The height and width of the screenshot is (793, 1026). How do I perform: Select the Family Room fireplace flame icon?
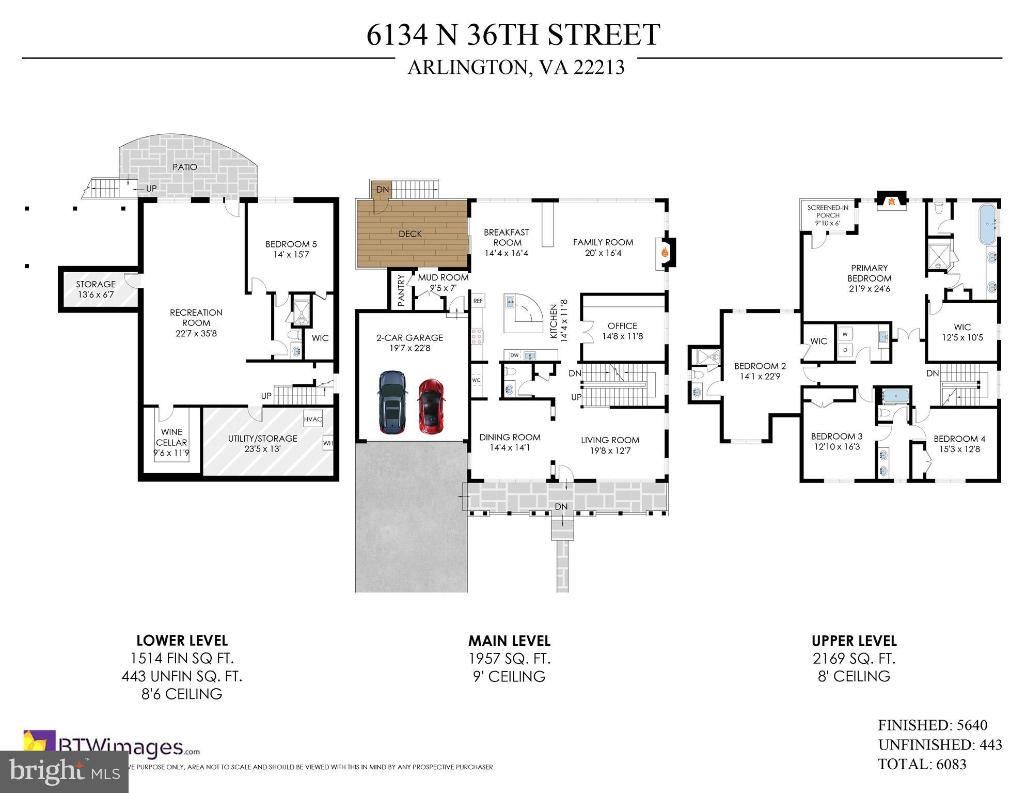pos(665,253)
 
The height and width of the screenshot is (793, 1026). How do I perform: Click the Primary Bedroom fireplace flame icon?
pos(891,202)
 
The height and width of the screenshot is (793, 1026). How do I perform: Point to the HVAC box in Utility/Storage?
pos(313,419)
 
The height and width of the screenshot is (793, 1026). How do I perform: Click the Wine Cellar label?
pos(171,437)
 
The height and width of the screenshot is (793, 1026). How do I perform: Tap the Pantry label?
pos(401,291)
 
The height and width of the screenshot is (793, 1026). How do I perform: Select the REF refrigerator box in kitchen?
pos(478,301)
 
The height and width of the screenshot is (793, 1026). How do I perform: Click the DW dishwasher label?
pos(514,355)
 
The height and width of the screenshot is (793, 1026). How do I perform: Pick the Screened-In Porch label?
pos(828,212)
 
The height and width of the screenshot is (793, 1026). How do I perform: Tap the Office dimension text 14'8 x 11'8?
pos(622,336)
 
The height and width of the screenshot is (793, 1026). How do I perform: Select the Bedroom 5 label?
pos(291,244)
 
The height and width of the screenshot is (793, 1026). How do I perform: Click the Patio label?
pos(185,167)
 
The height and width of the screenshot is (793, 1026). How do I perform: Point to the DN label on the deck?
pos(382,190)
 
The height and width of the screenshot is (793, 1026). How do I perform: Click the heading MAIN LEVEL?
pos(509,641)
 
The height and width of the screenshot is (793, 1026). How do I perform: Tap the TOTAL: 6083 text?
pos(922,764)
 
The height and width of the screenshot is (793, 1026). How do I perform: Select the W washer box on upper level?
pos(845,334)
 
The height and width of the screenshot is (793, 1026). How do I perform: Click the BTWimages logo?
pos(111,747)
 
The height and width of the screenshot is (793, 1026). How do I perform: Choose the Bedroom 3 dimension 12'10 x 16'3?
pos(837,447)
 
